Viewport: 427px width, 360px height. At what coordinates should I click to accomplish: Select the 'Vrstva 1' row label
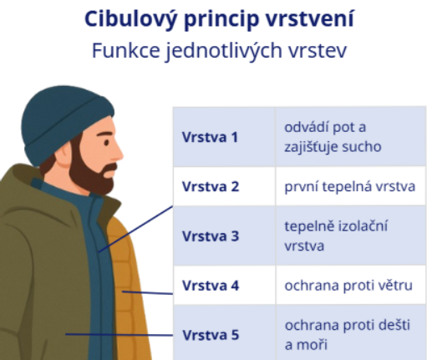tap(210, 137)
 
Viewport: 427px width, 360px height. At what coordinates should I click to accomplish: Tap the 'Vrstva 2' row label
tap(210, 186)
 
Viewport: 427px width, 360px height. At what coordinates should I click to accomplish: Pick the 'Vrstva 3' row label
tap(210, 236)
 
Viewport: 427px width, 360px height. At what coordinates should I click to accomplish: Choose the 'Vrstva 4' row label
tap(210, 286)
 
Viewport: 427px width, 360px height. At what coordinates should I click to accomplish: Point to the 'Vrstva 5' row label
tap(210, 335)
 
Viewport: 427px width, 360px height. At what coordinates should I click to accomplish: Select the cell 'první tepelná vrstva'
tap(349, 186)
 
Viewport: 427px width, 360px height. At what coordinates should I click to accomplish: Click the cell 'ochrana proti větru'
tap(348, 286)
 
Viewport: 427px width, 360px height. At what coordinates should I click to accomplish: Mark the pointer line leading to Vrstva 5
tap(117, 335)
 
